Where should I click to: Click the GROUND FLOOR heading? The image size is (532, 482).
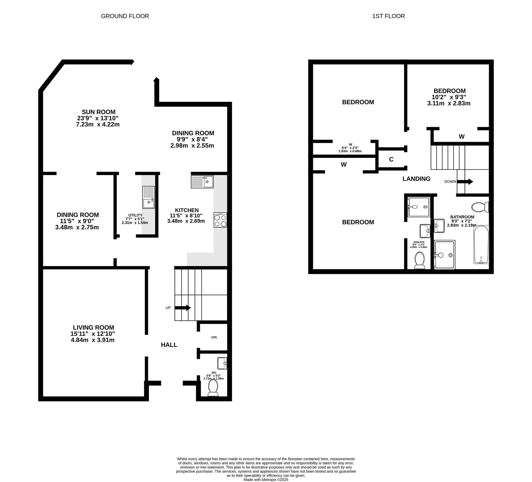125,16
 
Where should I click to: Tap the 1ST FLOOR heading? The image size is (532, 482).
388,16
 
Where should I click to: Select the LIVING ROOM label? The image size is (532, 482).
93,328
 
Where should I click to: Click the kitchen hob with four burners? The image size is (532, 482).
220,220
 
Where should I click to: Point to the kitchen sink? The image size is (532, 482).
202,182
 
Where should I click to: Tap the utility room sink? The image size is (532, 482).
149,197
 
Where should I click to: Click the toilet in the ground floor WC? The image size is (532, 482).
213,388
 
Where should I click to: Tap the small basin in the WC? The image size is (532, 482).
222,362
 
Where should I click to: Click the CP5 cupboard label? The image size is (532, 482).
214,337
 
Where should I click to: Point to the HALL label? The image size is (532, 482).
169,345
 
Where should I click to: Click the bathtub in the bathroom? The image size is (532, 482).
481,245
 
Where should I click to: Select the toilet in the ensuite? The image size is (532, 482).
419,260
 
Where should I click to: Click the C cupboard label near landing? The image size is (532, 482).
391,159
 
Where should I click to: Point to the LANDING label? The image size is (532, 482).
416,179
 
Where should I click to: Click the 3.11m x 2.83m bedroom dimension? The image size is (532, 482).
449,103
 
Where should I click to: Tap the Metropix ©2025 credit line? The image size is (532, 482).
266,480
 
